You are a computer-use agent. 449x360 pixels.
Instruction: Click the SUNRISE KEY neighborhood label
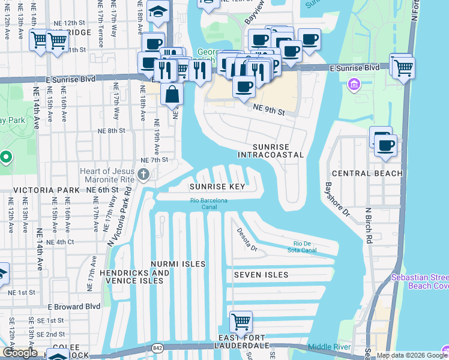(217, 187)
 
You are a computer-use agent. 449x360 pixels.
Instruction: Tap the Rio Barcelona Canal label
(208, 204)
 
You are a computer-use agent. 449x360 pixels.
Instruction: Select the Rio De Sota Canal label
(301, 247)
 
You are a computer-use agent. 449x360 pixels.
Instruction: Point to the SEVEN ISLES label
(261, 275)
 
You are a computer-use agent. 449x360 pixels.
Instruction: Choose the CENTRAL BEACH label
(367, 173)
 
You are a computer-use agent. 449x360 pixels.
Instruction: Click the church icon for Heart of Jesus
(143, 175)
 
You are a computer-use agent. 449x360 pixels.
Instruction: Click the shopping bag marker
(172, 94)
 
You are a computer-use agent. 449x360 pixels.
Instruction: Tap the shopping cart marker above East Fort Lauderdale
(241, 321)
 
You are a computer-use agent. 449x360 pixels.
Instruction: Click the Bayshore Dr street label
(337, 200)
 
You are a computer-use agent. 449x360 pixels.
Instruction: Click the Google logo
(20, 353)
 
